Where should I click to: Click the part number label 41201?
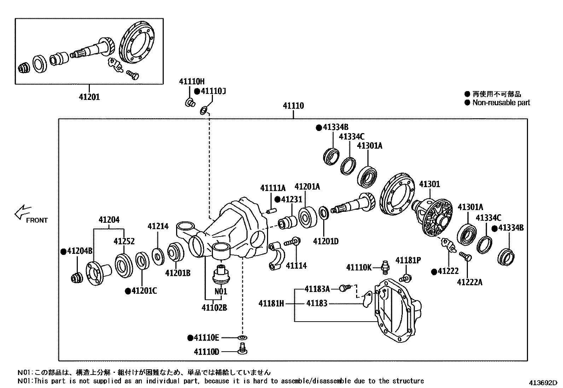(89, 97)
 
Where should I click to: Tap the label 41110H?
(192, 82)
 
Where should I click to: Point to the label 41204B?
(80, 251)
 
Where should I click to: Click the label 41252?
(124, 241)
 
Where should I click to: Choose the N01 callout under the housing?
(221, 291)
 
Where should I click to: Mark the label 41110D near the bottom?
(207, 352)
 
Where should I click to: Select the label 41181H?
(271, 303)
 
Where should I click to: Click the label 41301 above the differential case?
(429, 184)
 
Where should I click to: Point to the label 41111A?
(273, 188)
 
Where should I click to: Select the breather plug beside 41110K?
(384, 267)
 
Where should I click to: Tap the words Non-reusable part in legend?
(501, 103)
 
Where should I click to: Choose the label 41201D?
(326, 241)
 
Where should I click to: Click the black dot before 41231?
(277, 199)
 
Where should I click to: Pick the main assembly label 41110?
(293, 106)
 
